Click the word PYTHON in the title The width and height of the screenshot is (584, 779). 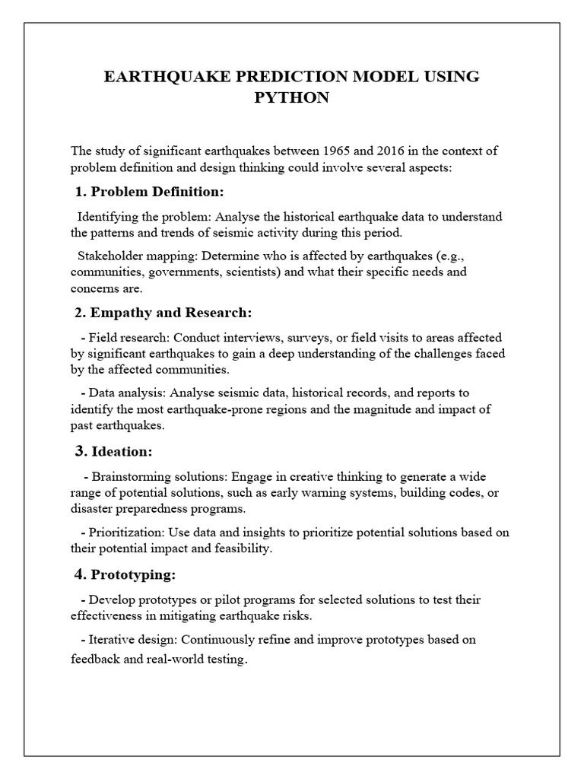(x=291, y=98)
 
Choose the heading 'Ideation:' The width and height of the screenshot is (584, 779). (x=122, y=452)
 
